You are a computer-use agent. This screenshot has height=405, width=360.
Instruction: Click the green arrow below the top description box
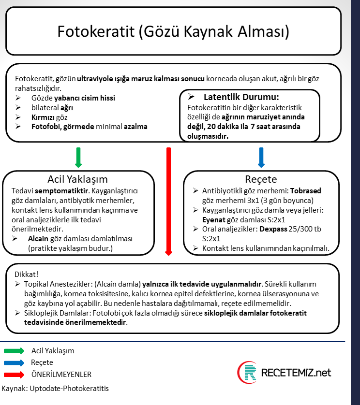[x=78, y=158]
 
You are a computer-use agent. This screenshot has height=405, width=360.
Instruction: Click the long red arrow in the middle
[x=168, y=201]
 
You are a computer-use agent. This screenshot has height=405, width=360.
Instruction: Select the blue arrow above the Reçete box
[x=261, y=158]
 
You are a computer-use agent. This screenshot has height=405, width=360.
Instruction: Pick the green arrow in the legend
[x=14, y=351]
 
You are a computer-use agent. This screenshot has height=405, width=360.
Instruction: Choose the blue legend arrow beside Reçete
[x=14, y=362]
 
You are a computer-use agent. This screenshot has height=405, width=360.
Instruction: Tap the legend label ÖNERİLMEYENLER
[x=61, y=374]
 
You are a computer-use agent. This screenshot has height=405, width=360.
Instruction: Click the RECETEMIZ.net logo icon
[x=247, y=372]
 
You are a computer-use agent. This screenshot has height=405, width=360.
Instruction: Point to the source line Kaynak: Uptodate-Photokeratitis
[x=56, y=388]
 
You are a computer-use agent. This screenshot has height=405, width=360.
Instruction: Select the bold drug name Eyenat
[x=214, y=219]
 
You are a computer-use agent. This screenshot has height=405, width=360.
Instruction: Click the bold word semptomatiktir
[x=62, y=190]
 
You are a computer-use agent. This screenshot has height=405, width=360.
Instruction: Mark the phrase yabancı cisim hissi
[x=85, y=98]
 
